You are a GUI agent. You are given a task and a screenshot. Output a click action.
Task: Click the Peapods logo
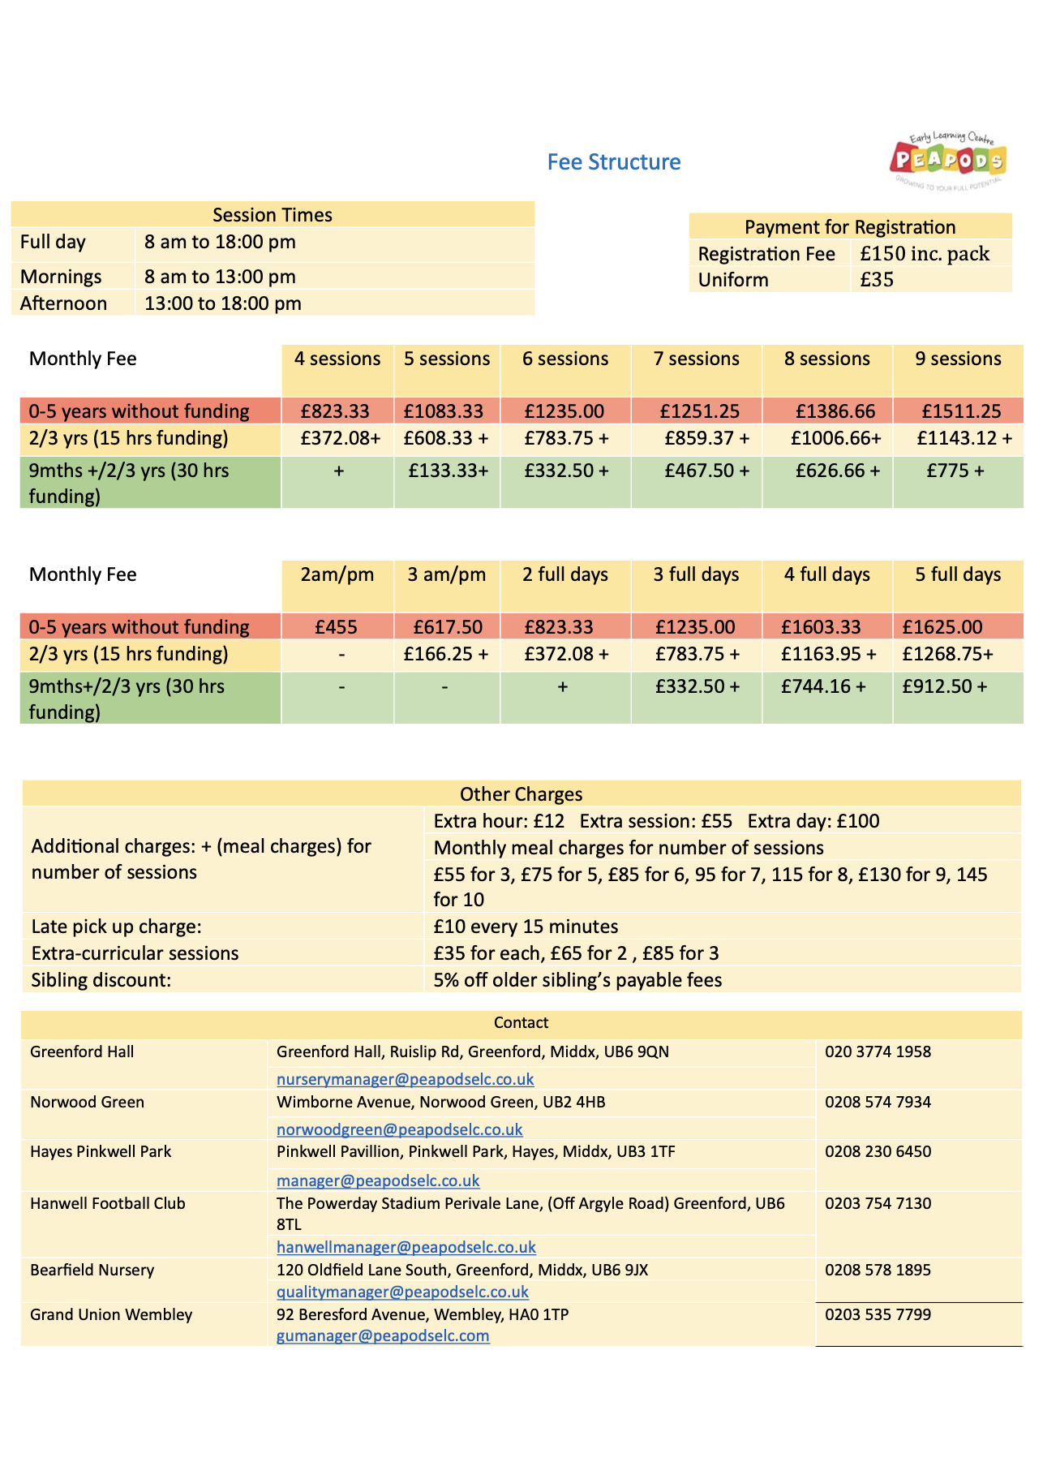947,160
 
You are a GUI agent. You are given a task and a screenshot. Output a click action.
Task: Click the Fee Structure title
613,162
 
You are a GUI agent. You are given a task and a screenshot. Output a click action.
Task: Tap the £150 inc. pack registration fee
924,254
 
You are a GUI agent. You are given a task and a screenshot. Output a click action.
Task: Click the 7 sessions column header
696,359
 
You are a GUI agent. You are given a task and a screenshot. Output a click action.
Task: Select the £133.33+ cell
448,471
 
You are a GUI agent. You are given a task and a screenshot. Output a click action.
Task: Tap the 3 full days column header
696,574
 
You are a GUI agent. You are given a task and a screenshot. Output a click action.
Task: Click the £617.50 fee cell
448,627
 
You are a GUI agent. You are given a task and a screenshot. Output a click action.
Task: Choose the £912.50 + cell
944,686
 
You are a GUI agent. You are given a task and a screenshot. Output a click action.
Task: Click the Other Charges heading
521,794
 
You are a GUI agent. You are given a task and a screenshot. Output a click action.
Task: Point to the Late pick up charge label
116,927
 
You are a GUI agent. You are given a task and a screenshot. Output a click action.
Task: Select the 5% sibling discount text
577,980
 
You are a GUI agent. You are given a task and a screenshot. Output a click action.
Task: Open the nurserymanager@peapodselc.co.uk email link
405,1079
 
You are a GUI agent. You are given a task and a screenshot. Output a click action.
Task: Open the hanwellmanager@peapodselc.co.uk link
406,1247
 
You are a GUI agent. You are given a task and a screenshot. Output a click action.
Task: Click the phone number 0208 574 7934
878,1102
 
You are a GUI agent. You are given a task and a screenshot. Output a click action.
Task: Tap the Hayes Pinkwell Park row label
101,1151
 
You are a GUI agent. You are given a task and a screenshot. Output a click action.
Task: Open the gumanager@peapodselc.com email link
383,1335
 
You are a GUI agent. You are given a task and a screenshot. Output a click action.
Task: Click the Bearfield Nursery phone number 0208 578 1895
878,1270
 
